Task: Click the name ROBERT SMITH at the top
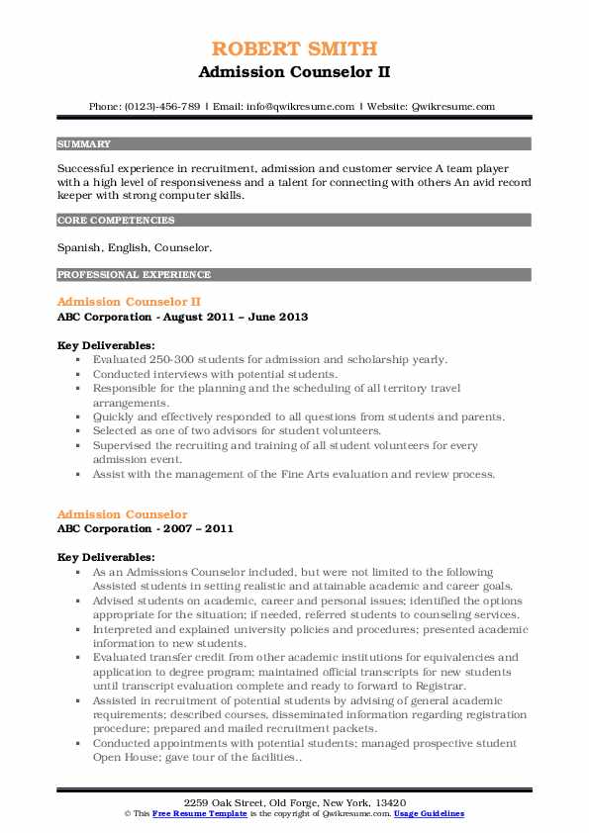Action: point(294,48)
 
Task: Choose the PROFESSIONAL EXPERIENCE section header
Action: point(134,274)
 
